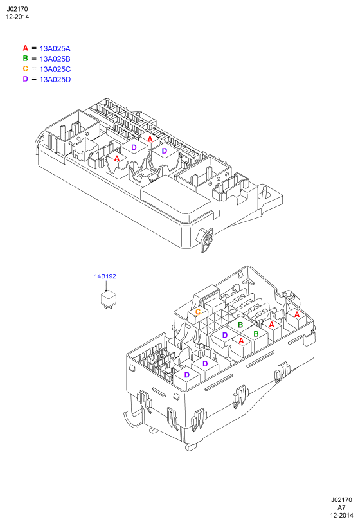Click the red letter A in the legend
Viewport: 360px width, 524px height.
pyautogui.click(x=26, y=48)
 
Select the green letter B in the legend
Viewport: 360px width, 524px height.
pyautogui.click(x=26, y=59)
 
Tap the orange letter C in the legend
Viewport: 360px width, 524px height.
pyautogui.click(x=26, y=69)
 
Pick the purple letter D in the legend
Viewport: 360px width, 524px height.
pyautogui.click(x=26, y=79)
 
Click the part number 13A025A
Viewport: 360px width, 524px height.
pyautogui.click(x=55, y=49)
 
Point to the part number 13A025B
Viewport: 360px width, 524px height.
pyautogui.click(x=55, y=59)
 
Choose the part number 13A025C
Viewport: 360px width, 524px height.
pyautogui.click(x=55, y=69)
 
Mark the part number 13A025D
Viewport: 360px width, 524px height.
pyautogui.click(x=55, y=80)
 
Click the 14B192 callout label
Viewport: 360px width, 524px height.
pyautogui.click(x=105, y=276)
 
